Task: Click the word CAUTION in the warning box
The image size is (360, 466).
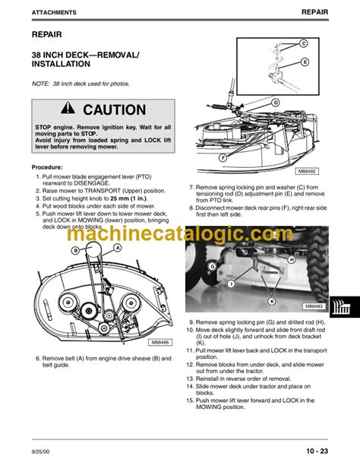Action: pyautogui.click(x=114, y=109)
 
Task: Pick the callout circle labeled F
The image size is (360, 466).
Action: pyautogui.click(x=222, y=157)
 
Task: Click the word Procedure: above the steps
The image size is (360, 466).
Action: pyautogui.click(x=52, y=166)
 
